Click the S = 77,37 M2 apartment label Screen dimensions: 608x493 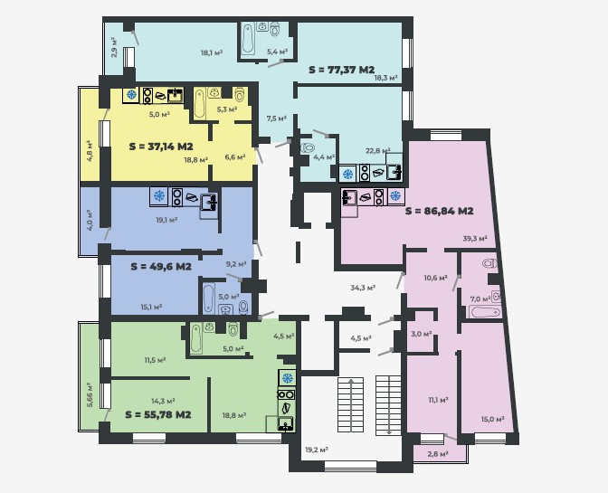point(342,70)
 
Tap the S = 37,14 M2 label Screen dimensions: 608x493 point(161,147)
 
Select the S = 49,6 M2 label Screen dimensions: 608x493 point(161,267)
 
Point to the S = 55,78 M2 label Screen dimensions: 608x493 point(158,414)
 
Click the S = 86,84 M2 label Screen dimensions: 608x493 point(440,212)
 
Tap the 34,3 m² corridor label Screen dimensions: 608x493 point(363,288)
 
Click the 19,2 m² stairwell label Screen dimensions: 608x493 point(317,450)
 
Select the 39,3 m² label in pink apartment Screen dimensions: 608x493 point(475,239)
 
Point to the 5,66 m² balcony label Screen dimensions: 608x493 point(90,395)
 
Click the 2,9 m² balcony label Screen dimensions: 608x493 point(114,47)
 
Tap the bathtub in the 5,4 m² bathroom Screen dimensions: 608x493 point(248,39)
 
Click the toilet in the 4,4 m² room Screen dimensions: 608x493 point(308,147)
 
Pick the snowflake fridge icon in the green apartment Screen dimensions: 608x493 point(288,378)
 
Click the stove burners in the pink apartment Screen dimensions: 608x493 point(379,197)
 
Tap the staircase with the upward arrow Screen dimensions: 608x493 point(350,404)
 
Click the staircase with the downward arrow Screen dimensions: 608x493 point(388,404)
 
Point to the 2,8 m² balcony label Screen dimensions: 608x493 point(438,453)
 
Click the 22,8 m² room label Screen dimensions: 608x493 point(378,150)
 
